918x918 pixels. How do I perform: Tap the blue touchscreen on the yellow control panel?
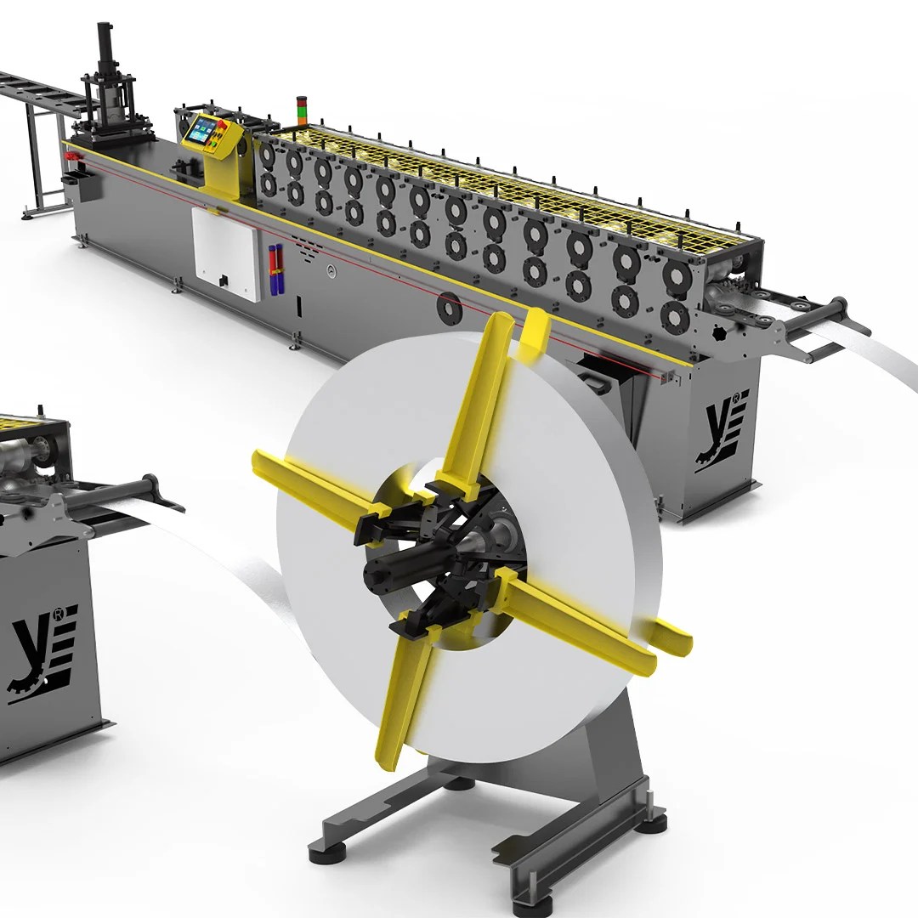tap(202, 130)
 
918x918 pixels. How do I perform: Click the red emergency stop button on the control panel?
tap(223, 126)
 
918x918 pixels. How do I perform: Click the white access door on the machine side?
tap(225, 254)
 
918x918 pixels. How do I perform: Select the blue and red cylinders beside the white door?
tap(275, 269)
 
